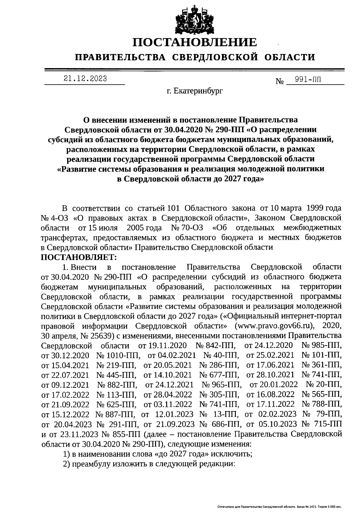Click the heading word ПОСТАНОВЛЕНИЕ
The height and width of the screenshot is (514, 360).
[x=195, y=42]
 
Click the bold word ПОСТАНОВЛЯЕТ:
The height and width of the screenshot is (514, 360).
[x=78, y=257]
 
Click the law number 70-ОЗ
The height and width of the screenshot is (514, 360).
[x=192, y=228]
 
